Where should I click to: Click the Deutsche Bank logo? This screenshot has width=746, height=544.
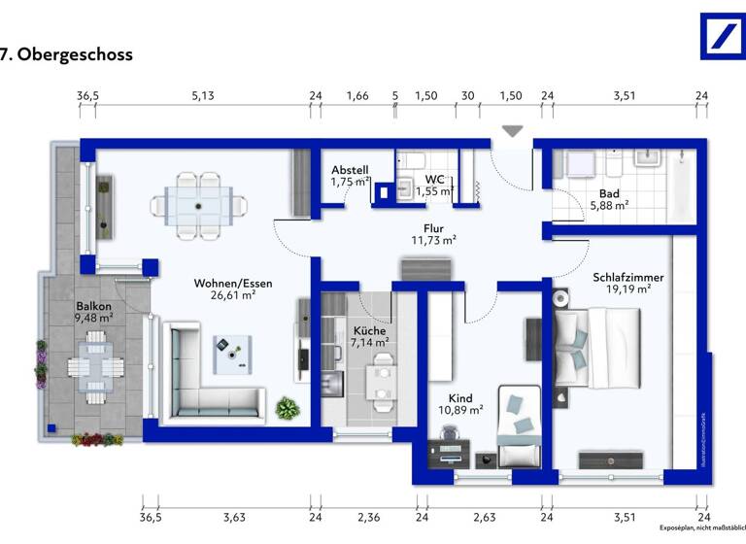tap(723, 36)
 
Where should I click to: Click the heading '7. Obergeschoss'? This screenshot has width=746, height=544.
tap(66, 54)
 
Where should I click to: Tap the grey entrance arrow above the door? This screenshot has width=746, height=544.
tap(512, 131)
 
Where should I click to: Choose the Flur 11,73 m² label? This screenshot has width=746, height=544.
tap(433, 233)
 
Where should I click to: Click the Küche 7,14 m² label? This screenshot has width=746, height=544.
tap(368, 336)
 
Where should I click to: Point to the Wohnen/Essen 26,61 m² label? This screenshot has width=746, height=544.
tap(233, 289)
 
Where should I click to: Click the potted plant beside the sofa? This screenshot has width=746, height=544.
tap(288, 408)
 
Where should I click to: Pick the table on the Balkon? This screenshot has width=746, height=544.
tap(95, 364)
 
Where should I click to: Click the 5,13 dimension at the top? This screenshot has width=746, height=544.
tap(202, 95)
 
